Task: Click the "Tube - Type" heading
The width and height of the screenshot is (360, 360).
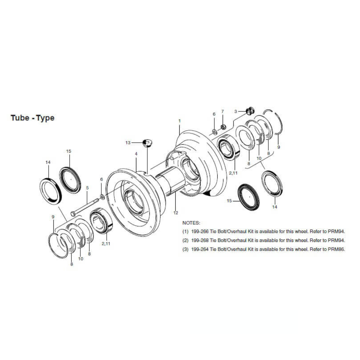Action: click(32, 118)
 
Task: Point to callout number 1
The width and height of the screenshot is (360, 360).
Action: click(179, 121)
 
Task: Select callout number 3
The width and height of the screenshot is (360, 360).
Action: click(236, 111)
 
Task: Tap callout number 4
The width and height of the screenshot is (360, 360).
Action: click(136, 154)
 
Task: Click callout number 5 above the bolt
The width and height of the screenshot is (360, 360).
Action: click(87, 188)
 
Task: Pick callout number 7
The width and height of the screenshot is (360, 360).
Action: click(223, 111)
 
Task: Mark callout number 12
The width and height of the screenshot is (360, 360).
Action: click(175, 213)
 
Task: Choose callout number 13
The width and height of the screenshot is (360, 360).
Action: click(128, 143)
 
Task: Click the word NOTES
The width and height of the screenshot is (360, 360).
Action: click(191, 222)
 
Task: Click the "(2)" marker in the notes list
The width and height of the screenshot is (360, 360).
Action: click(186, 240)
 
